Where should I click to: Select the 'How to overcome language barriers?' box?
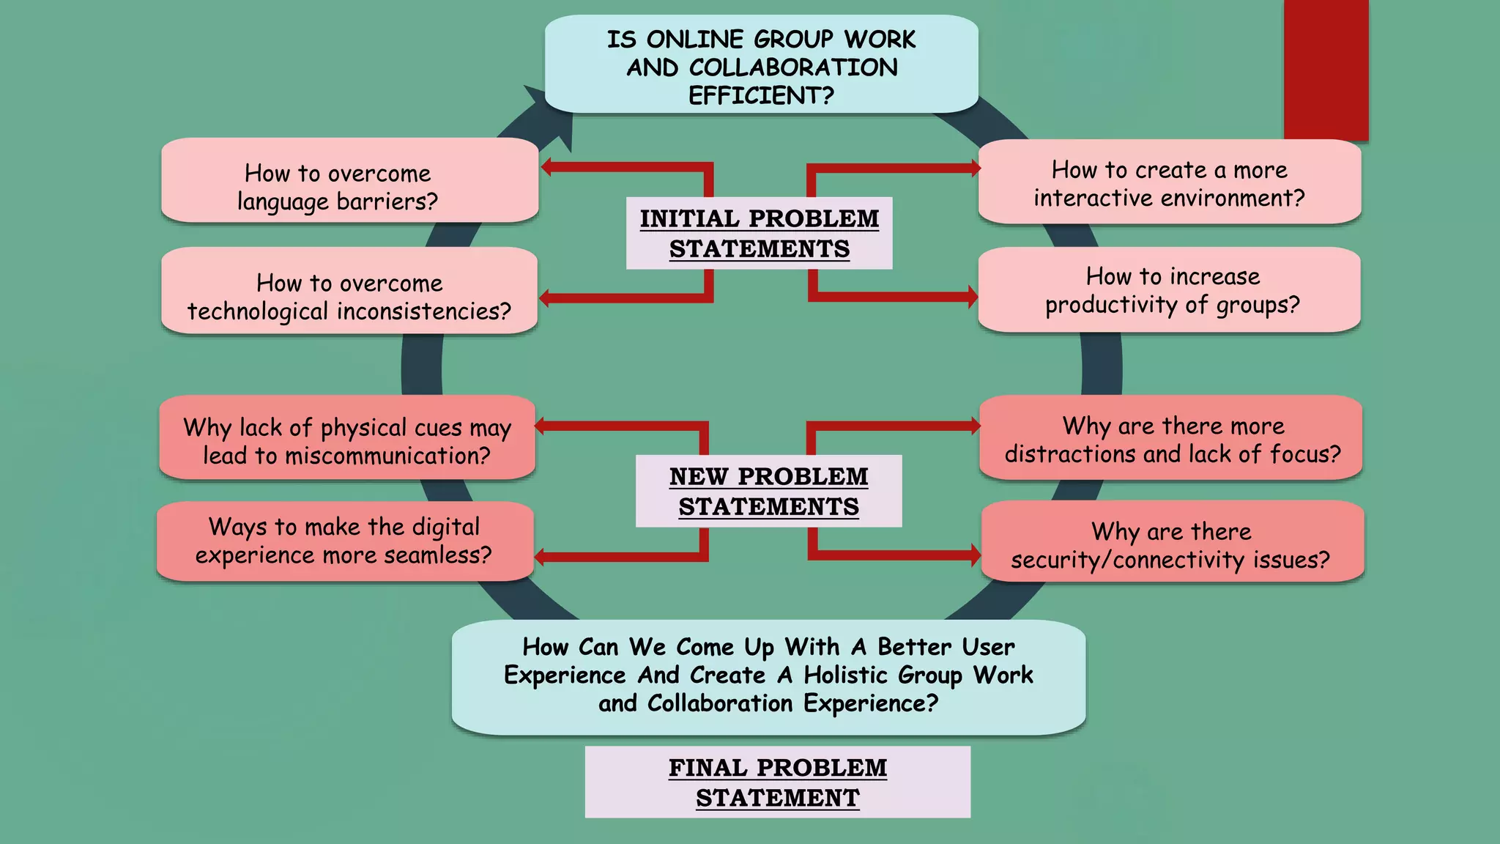tap(349, 180)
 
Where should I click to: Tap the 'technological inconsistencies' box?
tap(349, 291)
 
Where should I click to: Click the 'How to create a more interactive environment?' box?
tap(1169, 182)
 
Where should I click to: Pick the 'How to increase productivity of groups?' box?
tap(1169, 290)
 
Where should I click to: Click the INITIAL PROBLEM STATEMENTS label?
tap(759, 233)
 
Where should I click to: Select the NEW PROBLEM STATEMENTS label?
tap(768, 491)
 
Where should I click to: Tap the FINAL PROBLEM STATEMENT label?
tap(777, 782)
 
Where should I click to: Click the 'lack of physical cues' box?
tap(346, 438)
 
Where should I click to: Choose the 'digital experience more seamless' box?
tap(344, 541)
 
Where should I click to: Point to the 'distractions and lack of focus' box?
tap(1170, 438)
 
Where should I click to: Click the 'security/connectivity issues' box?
tap(1172, 542)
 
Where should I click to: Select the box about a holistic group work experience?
tap(768, 676)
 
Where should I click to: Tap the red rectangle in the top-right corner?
tap(1326, 70)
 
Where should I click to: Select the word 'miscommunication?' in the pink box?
tap(387, 456)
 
